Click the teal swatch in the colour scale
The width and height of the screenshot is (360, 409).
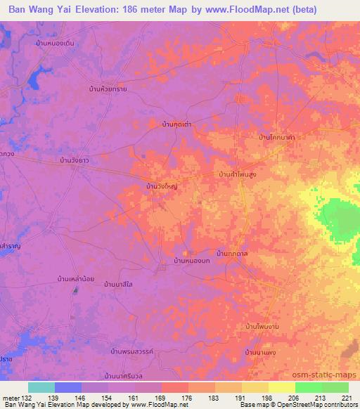pos(41,387)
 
